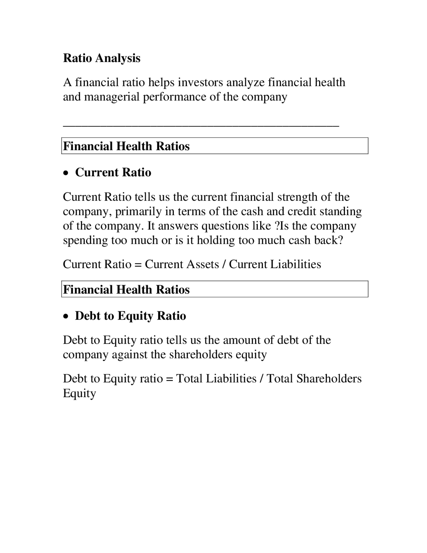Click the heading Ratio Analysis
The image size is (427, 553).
(x=102, y=58)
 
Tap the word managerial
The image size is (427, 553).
(x=112, y=97)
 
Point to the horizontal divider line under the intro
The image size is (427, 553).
(x=201, y=126)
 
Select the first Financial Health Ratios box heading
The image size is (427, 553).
(x=126, y=146)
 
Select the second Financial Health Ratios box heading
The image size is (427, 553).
(x=126, y=290)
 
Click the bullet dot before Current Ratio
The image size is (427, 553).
(x=67, y=173)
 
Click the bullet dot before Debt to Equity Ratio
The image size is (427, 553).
(x=67, y=316)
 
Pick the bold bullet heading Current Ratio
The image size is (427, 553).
(x=113, y=173)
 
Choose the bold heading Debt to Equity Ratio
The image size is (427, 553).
(x=130, y=316)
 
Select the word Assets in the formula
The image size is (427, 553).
(x=202, y=264)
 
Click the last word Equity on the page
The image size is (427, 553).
(x=79, y=393)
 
